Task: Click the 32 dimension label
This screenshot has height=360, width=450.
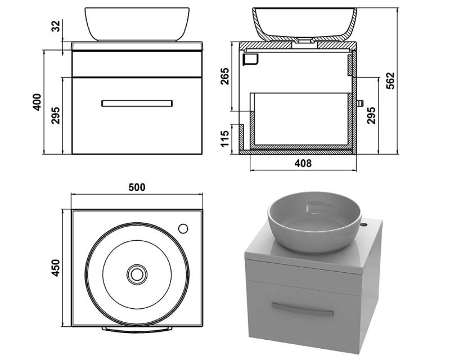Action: click(57, 26)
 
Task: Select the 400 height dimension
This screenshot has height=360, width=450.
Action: click(37, 102)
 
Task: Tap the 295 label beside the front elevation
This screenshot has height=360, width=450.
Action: click(56, 115)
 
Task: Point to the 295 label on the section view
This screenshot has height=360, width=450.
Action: click(371, 115)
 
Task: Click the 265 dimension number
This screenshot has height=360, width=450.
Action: click(225, 76)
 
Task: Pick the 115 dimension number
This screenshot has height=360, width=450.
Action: click(225, 138)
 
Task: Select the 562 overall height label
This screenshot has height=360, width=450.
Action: click(390, 81)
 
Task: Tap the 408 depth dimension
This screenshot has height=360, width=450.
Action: click(303, 163)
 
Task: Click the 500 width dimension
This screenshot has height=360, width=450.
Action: click(137, 187)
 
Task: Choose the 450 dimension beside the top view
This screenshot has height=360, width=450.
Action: click(55, 268)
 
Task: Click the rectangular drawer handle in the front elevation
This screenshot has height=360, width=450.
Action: click(137, 103)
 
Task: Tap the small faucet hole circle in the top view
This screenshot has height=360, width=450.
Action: click(183, 229)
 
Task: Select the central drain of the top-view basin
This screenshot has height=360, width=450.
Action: click(137, 274)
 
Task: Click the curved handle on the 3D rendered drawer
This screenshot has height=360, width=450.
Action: click(302, 309)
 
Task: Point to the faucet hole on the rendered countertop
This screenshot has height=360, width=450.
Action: click(364, 223)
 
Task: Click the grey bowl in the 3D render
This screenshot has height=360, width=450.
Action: click(314, 222)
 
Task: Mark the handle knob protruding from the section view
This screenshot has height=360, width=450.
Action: click(360, 103)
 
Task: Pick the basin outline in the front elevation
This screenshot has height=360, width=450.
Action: click(137, 24)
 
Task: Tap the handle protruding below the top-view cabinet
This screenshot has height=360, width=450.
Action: click(137, 330)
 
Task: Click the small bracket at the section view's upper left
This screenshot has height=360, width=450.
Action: click(250, 60)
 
